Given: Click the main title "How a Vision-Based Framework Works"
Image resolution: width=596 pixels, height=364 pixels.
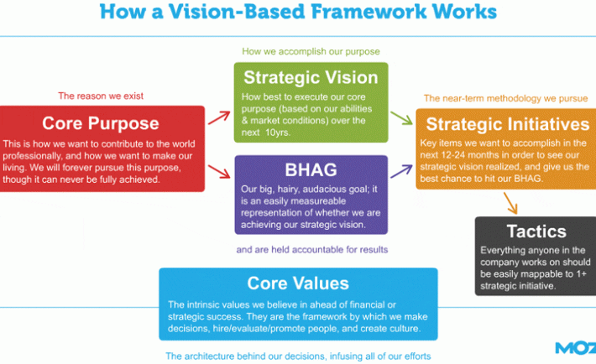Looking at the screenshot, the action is point(298,12).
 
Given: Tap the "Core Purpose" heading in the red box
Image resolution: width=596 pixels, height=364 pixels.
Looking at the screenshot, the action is point(101,123).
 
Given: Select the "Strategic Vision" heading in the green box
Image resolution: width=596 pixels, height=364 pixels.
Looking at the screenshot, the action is point(311,78).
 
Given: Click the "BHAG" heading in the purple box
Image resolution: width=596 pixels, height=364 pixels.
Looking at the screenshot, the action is point(311,170).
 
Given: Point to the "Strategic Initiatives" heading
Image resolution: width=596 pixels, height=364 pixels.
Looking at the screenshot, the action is point(507,124).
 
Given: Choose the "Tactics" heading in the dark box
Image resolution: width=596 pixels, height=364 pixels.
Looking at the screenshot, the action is point(536,231).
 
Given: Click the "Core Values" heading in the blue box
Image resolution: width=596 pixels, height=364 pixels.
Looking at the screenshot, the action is point(298,283).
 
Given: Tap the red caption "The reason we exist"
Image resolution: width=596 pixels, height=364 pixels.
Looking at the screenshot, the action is point(101,96).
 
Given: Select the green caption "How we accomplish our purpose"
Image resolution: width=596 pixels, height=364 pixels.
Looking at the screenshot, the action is point(311,51).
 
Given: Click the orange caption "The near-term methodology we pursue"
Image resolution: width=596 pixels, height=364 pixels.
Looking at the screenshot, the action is point(505,98).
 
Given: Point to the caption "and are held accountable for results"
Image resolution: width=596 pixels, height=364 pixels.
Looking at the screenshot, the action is point(312,250).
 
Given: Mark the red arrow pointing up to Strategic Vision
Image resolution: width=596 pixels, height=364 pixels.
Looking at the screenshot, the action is point(219,117).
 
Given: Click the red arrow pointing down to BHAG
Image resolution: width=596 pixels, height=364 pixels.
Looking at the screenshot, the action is point(219,171).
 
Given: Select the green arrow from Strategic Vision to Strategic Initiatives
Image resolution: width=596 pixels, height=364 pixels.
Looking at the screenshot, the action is point(401,118).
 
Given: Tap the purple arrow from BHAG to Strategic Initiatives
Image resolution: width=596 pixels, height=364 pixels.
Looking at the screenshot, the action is point(401,171).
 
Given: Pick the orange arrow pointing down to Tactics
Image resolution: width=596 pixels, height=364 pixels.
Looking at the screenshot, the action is point(510,203).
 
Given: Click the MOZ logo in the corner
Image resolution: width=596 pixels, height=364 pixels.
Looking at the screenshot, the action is point(576,348).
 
